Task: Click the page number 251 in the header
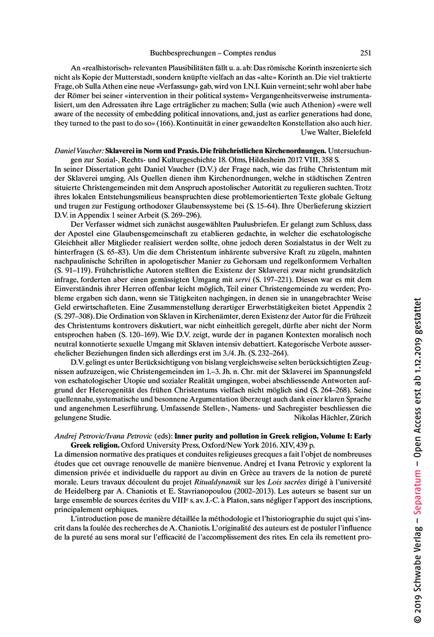[365, 53]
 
